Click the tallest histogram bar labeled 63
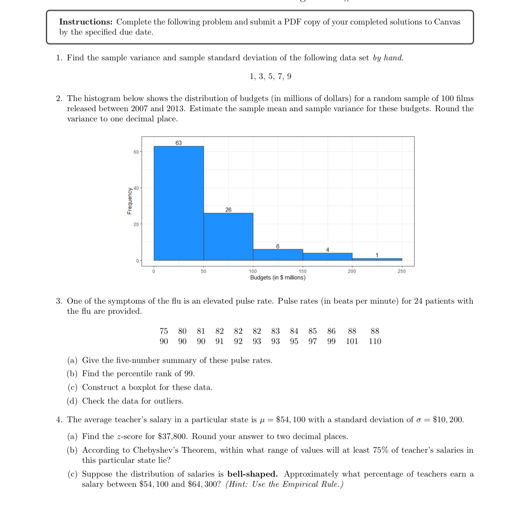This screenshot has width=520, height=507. (x=179, y=203)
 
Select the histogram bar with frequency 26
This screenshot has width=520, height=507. (x=228, y=237)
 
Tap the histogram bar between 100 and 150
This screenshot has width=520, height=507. (x=278, y=255)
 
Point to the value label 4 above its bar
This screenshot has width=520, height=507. (x=327, y=250)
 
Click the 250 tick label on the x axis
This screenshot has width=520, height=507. (x=401, y=271)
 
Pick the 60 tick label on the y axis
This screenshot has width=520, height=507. (x=136, y=152)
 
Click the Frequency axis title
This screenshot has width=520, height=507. (x=130, y=201)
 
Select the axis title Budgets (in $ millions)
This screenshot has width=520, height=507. (x=277, y=278)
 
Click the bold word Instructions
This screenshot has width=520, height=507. (x=86, y=22)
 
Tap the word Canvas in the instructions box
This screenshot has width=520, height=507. (x=447, y=22)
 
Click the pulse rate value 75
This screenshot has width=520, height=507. (x=164, y=331)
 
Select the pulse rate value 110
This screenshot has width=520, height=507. (x=375, y=341)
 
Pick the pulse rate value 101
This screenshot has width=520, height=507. (x=352, y=341)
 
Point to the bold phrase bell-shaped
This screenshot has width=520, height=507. (x=252, y=474)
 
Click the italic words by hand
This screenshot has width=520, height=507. (x=388, y=58)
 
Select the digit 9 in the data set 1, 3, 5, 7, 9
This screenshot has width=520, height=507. (x=289, y=76)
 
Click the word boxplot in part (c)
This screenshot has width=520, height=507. (x=142, y=387)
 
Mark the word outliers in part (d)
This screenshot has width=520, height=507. (x=167, y=401)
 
